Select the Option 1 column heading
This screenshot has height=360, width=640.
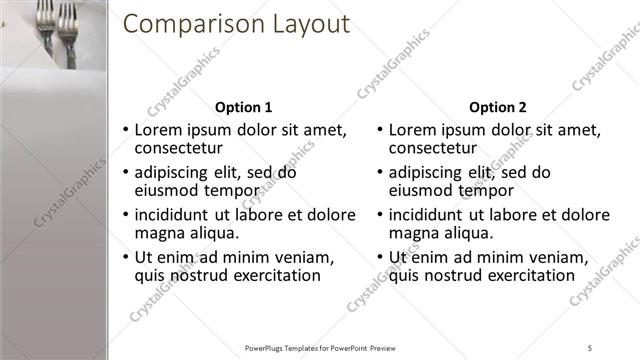click(243, 107)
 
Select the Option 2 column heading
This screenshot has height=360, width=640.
click(497, 107)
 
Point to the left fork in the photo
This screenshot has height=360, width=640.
click(48, 25)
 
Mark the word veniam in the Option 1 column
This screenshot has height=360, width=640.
click(300, 257)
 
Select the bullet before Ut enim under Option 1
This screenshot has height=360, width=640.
click(125, 257)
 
